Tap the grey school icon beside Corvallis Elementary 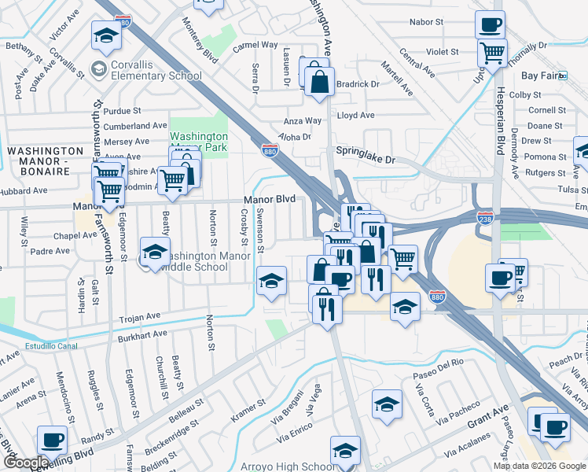[98, 69]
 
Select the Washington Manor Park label [199, 141]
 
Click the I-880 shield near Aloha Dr [270, 149]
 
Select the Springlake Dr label [365, 158]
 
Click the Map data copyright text [539, 466]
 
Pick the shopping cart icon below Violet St [492, 53]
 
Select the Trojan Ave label [139, 316]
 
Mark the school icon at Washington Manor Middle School [155, 253]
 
